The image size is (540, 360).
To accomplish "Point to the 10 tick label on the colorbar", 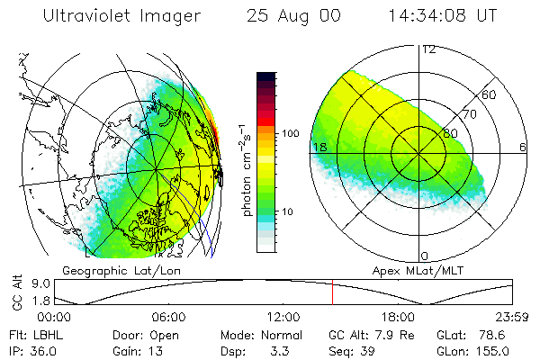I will pos(288,211).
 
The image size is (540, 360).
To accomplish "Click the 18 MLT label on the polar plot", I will pos(319,147).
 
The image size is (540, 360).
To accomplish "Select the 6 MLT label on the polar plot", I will pos(523,147).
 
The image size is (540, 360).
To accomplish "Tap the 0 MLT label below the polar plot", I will pos(425,256).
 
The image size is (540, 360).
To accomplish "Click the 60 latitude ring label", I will pos(490,94).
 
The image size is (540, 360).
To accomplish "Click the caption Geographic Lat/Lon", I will pos(114,270).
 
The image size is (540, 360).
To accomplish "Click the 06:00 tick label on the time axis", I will pos(168,317).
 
